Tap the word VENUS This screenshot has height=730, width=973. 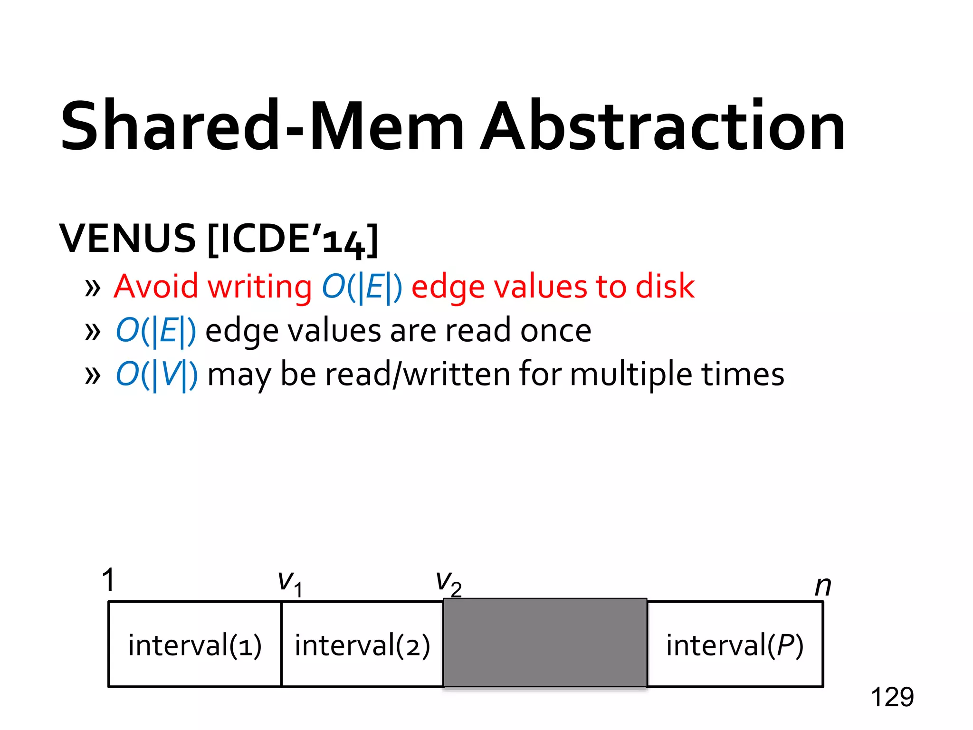click(x=127, y=239)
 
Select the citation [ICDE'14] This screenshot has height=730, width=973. click(x=293, y=240)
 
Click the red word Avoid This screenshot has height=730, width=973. click(x=156, y=287)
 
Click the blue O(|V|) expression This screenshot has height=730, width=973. click(x=157, y=375)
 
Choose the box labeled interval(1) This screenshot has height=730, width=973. click(x=195, y=644)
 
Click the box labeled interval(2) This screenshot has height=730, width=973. click(x=362, y=644)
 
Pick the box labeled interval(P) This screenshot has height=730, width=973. click(x=735, y=644)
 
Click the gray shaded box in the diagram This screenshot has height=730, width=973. click(x=545, y=643)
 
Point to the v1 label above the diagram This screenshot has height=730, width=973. click(x=290, y=583)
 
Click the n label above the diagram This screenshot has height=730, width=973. click(x=822, y=586)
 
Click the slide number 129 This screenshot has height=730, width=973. click(x=892, y=697)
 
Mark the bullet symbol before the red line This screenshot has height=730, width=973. click(x=93, y=288)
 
